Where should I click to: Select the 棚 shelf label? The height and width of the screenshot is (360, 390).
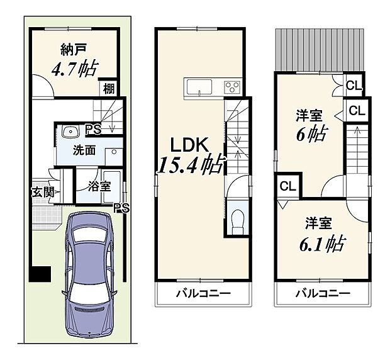pyautogui.click(x=108, y=88)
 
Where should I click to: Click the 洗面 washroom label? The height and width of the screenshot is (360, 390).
pyautogui.click(x=84, y=151)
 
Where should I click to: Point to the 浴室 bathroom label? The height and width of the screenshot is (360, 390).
pyautogui.click(x=100, y=186)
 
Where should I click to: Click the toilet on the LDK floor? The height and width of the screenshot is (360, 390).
pyautogui.click(x=238, y=221)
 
